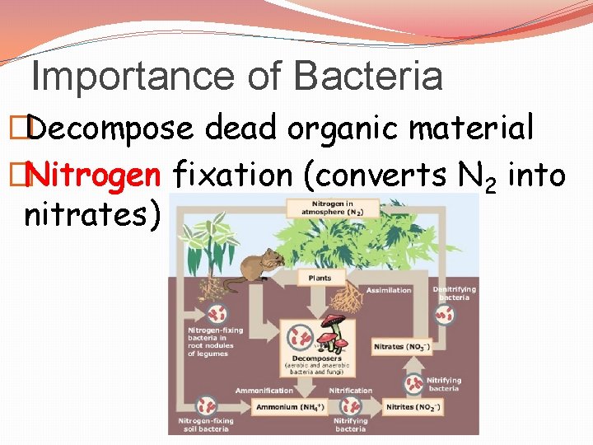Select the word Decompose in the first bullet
115,129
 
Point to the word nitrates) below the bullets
91,215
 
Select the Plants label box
320,278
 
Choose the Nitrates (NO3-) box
401,346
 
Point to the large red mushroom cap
334,321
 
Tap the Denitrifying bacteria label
455,293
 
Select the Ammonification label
264,391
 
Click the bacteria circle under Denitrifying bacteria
446,316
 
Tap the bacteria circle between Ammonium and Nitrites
352,406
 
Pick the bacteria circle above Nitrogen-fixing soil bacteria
206,406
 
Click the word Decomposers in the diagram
316,358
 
